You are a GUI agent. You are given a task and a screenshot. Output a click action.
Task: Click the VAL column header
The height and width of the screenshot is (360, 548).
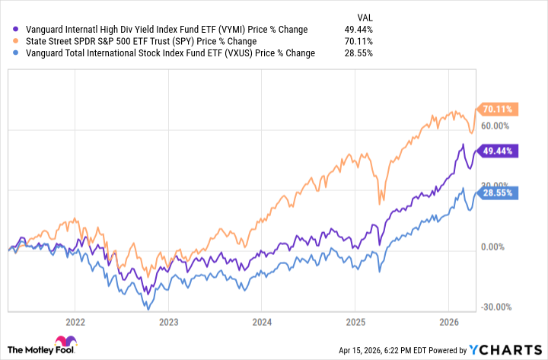(365, 17)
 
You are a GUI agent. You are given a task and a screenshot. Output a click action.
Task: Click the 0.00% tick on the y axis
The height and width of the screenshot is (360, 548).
(494, 247)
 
